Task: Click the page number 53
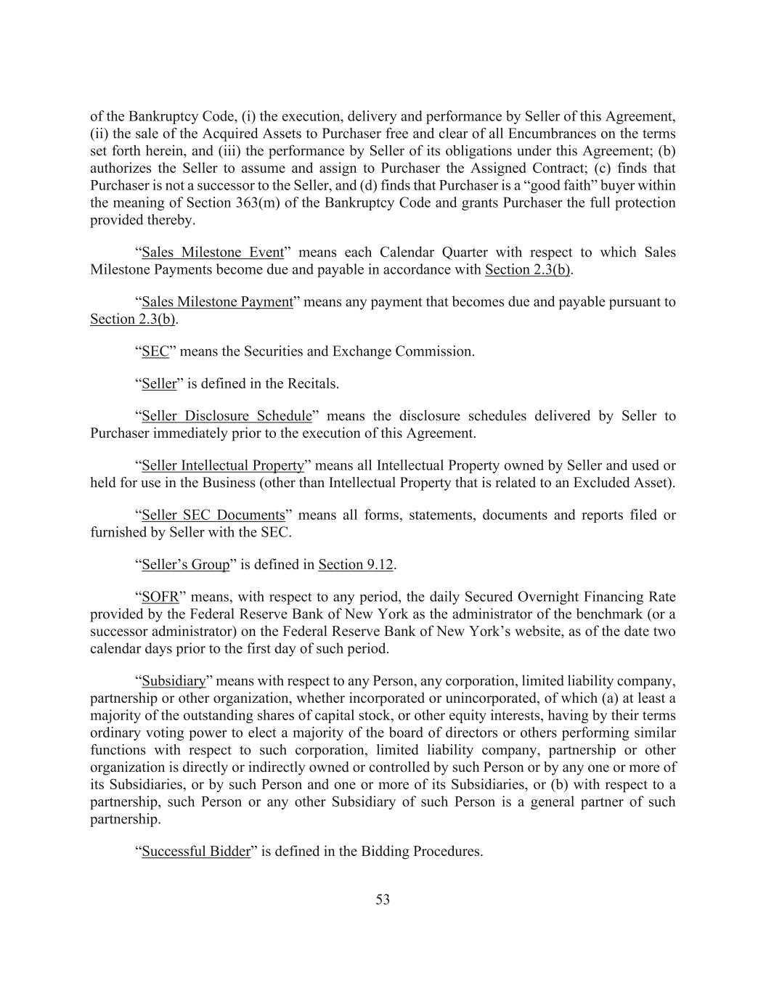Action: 383,900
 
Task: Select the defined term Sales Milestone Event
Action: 212,253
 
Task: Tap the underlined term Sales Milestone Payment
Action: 216,302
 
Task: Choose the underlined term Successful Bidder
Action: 195,852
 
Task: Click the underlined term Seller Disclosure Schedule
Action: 227,416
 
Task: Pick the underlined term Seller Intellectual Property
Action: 222,465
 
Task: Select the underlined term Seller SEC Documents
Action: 213,515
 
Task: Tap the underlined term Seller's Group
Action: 185,565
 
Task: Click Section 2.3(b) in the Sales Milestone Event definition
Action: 527,270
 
